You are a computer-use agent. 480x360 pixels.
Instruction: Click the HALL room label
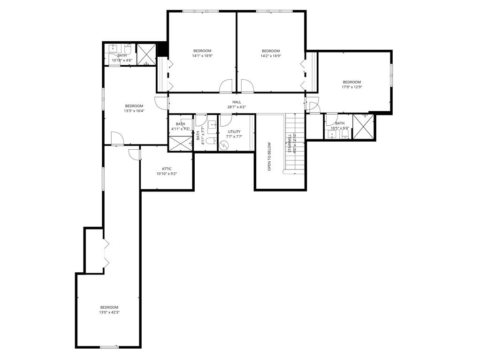point(236,102)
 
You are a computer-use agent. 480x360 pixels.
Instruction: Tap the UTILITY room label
point(234,131)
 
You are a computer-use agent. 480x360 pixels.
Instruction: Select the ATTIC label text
point(167,169)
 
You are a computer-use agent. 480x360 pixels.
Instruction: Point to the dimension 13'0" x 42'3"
point(109,312)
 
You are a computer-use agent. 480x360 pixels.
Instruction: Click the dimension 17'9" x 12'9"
point(351,87)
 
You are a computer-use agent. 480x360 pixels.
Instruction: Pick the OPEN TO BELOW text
point(269,156)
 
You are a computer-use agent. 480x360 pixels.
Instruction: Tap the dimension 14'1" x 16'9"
point(202,56)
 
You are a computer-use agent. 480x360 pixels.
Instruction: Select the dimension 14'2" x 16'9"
point(271,56)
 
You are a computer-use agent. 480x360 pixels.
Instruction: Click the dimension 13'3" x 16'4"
point(134,111)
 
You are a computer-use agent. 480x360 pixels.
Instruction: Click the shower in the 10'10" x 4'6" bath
point(146,54)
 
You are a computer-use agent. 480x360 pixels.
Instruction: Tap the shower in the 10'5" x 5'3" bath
point(364,126)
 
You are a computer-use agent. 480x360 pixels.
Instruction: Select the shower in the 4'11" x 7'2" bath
point(180,144)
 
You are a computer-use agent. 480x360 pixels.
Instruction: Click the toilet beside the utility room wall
point(211,141)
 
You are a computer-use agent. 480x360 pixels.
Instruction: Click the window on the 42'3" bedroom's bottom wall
point(109,347)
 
